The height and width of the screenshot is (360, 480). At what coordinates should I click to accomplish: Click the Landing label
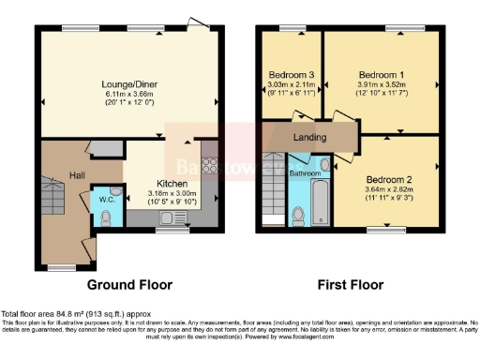309,138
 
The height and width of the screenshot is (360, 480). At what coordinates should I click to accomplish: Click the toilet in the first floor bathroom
298,215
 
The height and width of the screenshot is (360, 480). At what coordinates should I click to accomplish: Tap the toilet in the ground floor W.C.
105,216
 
